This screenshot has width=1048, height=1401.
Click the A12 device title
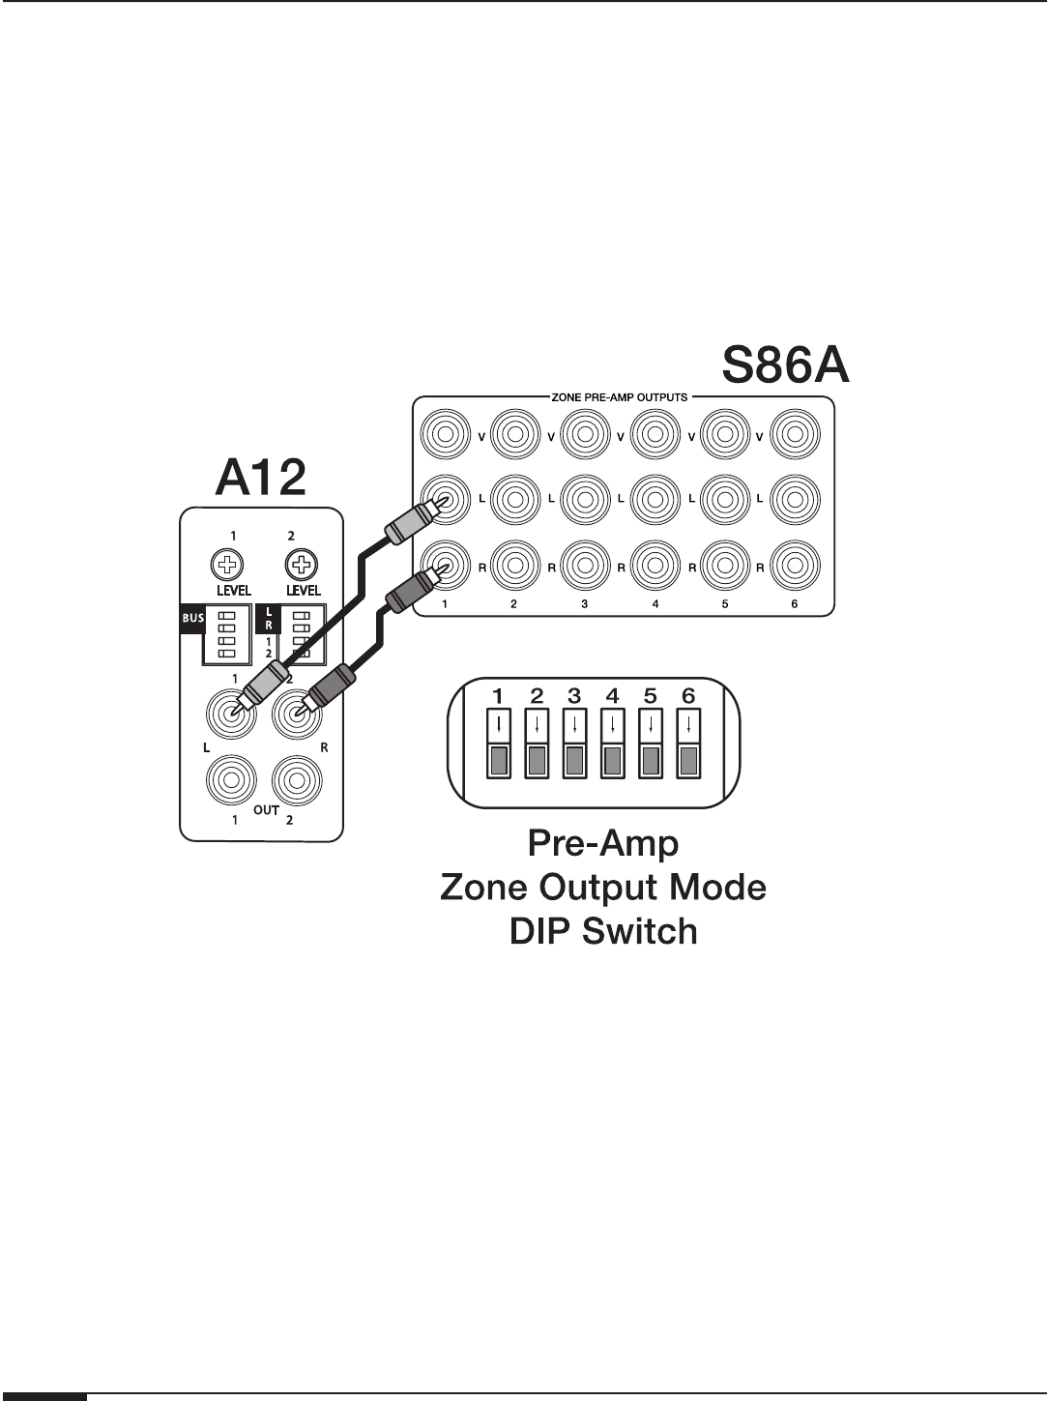[x=261, y=479]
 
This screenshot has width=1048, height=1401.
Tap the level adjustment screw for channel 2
[x=302, y=565]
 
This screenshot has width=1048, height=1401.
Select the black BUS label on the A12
[x=192, y=615]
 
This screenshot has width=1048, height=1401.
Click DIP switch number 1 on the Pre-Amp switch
[x=500, y=744]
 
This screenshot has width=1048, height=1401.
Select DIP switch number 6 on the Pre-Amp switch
[x=687, y=744]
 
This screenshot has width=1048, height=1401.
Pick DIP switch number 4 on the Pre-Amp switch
[x=613, y=744]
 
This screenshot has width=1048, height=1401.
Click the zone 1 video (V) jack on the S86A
[x=445, y=436]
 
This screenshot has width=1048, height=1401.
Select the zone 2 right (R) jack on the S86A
[x=513, y=567]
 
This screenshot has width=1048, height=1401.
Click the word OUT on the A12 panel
[x=266, y=810]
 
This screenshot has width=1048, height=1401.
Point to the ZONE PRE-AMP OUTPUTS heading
[x=618, y=397]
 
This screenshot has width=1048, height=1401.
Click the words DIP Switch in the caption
[x=602, y=931]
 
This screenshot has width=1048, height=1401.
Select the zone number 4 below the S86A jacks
[x=655, y=603]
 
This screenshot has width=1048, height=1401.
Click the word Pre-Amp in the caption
[x=602, y=843]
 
